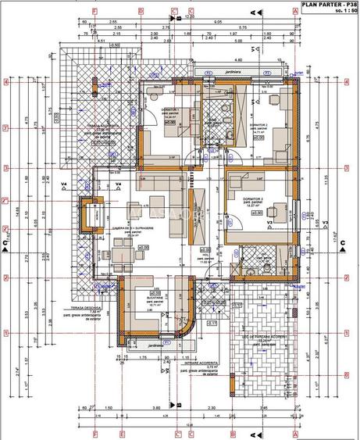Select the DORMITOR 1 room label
170,110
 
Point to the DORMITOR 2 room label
259,125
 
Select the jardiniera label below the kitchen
156,343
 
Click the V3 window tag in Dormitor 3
269,223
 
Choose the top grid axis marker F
94,11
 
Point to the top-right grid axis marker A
295,11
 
